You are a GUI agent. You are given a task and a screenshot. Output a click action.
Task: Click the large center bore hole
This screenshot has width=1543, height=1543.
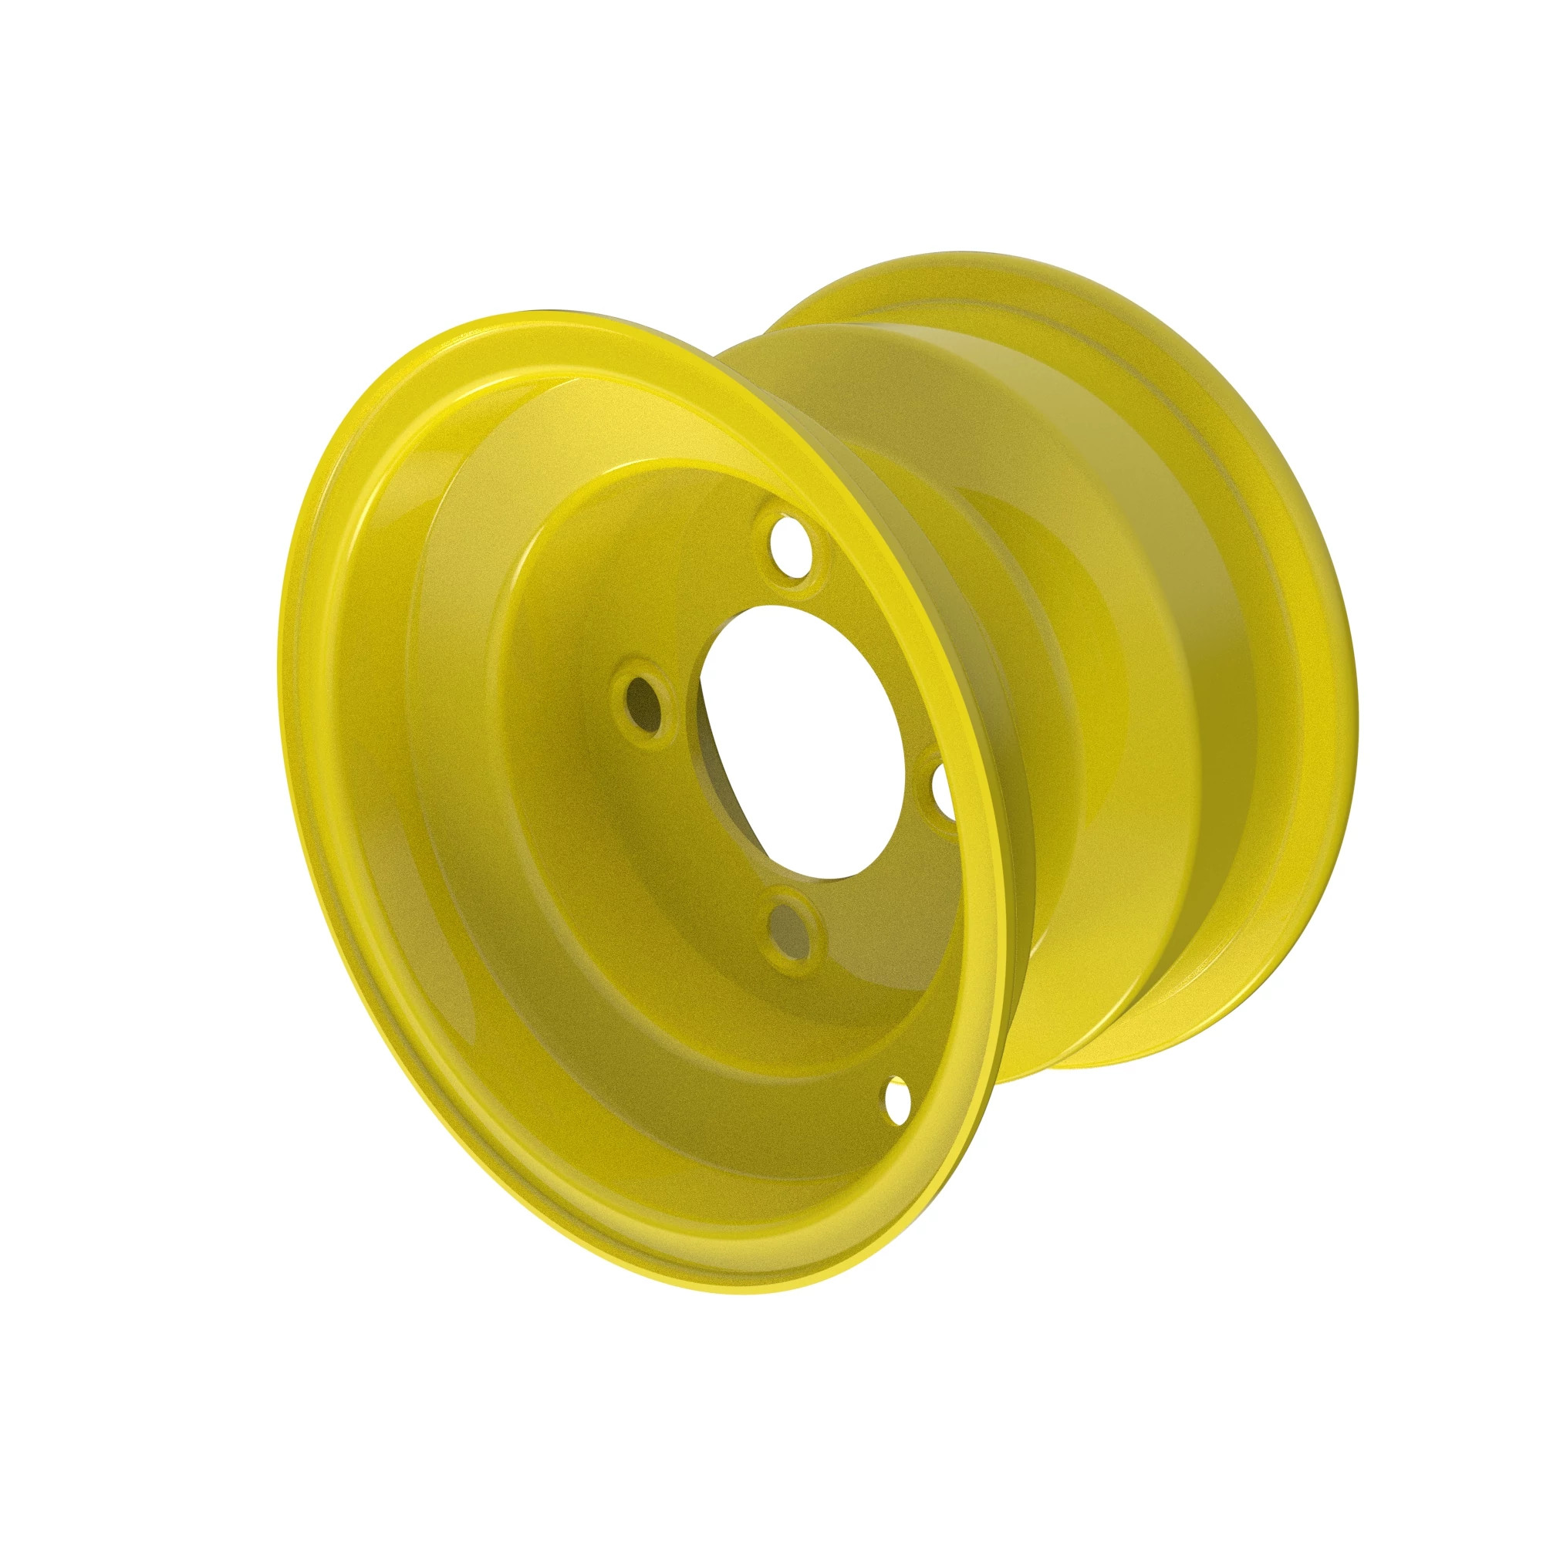[807, 734]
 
